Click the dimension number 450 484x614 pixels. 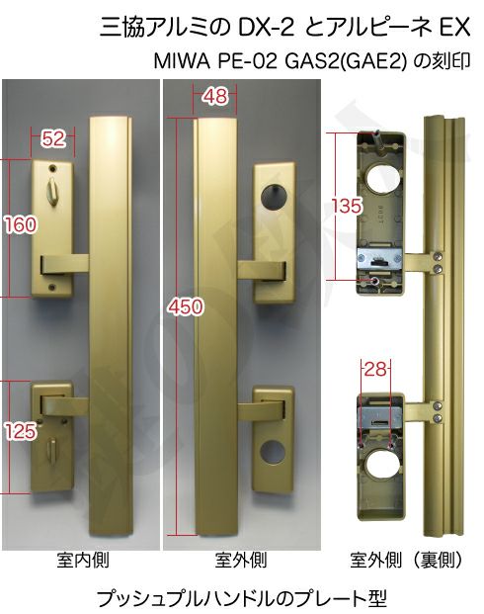[186, 306]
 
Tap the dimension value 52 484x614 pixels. [53, 138]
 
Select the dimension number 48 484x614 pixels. [214, 96]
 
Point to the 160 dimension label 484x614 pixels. [21, 225]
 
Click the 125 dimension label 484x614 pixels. [21, 431]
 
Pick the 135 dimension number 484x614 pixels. [347, 206]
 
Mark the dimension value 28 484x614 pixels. [375, 369]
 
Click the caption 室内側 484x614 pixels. [82, 560]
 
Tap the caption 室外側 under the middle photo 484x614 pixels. [241, 560]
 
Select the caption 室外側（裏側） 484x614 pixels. [406, 560]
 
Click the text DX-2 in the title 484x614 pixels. [266, 28]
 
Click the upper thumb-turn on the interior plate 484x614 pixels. [51, 188]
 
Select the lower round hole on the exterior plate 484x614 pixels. [273, 452]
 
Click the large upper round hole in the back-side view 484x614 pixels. [383, 178]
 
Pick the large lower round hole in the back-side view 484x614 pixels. [382, 467]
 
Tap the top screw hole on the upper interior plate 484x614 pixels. [52, 168]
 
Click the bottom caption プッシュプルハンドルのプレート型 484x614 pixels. [241, 597]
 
